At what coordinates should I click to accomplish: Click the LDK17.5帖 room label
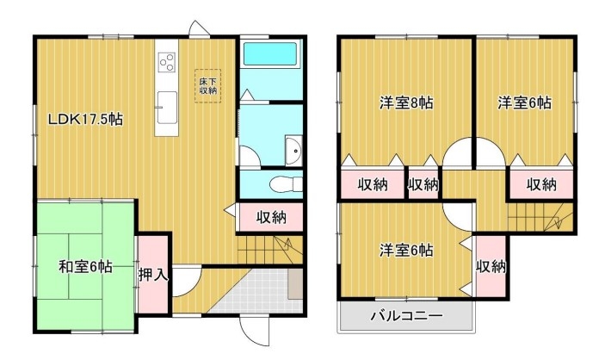(85, 120)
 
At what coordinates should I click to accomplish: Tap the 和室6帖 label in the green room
(85, 267)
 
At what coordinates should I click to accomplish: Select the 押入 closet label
(153, 275)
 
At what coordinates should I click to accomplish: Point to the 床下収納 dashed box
(207, 86)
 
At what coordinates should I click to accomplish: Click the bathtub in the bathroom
(270, 54)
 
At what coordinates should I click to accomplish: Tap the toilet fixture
(286, 184)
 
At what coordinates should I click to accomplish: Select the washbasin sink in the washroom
(293, 151)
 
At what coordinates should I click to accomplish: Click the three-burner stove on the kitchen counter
(167, 62)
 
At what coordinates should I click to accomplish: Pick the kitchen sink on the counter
(167, 108)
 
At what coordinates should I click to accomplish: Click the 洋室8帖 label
(406, 102)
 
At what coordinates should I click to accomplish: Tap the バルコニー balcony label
(406, 316)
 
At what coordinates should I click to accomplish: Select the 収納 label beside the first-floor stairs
(271, 217)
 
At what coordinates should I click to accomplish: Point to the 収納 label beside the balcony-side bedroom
(491, 266)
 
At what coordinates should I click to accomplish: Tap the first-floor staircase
(269, 250)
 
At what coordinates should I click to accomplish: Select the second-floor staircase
(540, 217)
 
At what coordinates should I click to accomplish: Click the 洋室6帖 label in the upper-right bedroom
(524, 102)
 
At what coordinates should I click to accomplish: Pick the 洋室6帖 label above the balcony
(406, 251)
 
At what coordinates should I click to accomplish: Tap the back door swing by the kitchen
(198, 28)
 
